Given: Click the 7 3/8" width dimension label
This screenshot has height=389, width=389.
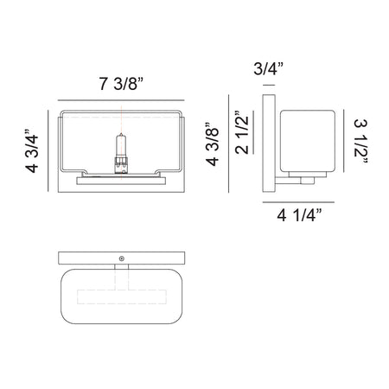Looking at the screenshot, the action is tap(121, 84).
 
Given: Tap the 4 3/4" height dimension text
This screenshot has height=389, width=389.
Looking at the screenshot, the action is tap(32, 151).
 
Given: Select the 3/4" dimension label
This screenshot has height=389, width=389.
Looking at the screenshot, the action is tap(268, 68).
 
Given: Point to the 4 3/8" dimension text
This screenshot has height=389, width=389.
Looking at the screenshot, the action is tap(213, 144).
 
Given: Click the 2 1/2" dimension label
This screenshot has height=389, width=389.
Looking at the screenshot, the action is tap(241, 132).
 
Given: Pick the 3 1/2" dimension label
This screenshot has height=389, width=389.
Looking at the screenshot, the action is tap(360, 142).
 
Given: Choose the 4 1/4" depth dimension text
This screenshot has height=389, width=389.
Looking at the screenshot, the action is tap(299, 215).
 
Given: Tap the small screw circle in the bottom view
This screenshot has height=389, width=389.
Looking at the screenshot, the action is tap(122, 258).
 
